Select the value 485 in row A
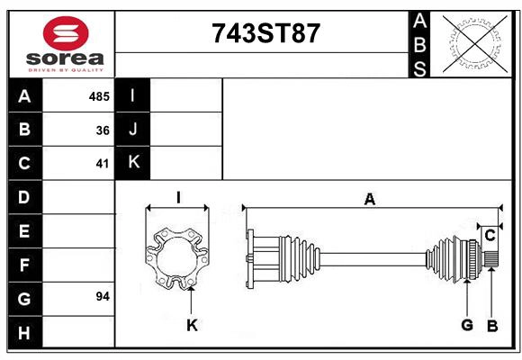(99, 96)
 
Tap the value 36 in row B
(103, 130)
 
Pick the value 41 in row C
(103, 164)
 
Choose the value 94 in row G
(102, 296)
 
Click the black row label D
(24, 196)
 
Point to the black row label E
(24, 230)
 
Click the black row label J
(133, 130)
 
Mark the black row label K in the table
(133, 163)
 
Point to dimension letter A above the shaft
(369, 199)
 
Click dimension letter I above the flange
(178, 197)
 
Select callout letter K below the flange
(191, 325)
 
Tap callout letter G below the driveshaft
(467, 325)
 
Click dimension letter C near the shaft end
(490, 236)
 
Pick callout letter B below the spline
(491, 325)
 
